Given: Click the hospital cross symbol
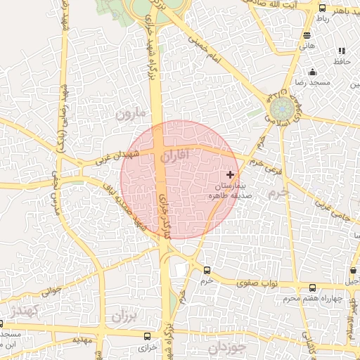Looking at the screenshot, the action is [230, 174].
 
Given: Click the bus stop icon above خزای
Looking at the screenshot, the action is [147, 336].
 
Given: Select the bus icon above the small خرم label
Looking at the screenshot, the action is [207, 270].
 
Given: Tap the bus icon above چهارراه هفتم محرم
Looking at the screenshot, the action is [313, 288].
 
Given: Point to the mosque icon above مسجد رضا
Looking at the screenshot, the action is [312, 72].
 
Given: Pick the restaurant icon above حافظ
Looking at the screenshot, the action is [342, 51].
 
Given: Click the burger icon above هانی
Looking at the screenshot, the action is [307, 34].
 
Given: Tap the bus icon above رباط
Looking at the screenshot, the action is [322, 8].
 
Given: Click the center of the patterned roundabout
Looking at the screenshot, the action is [283, 110].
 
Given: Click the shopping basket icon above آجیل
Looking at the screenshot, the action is [352, 269].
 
